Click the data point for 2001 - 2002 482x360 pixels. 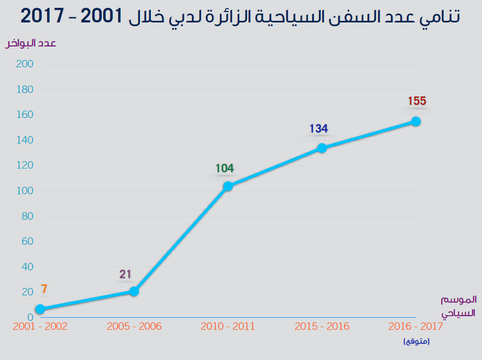tap(40, 309)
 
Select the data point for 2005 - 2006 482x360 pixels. tap(134, 291)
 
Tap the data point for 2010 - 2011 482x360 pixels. tap(228, 186)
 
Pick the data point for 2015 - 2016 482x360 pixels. tap(322, 148)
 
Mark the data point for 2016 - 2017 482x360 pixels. tap(416, 121)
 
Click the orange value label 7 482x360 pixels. tap(44, 289)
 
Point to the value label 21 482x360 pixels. tap(125, 274)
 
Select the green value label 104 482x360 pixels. tap(225, 169)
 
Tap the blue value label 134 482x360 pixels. tap(319, 129)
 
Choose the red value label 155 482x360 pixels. tap(417, 101)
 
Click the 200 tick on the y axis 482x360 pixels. tap(25, 64)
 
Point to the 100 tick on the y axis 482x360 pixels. tap(25, 191)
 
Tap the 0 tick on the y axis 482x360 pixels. tap(30, 317)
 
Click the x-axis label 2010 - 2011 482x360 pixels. tap(228, 327)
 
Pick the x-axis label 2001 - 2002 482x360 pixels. tap(41, 327)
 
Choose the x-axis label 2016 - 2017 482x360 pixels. tap(416, 327)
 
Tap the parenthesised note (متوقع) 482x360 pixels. tap(416, 342)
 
